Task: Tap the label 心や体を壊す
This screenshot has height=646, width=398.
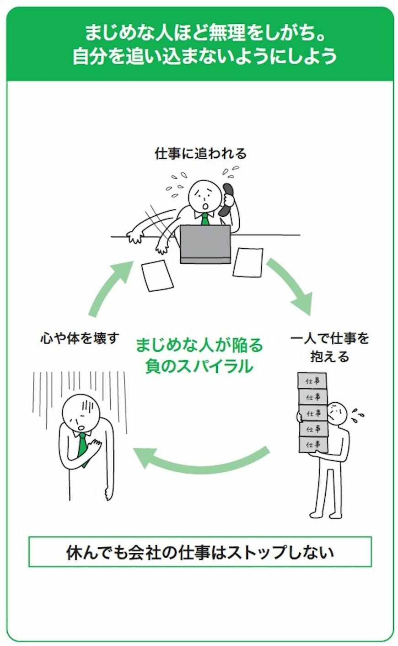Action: [79, 339]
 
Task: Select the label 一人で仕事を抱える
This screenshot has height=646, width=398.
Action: [329, 347]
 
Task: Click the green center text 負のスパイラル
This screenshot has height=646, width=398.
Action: [199, 366]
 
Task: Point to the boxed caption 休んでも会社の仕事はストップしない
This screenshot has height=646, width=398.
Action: [200, 552]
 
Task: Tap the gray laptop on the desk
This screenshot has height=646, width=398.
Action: [205, 244]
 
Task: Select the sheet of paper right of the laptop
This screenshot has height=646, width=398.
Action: [247, 262]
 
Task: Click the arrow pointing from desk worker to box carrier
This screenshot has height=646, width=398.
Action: [290, 286]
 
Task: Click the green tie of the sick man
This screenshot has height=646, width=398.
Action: [82, 446]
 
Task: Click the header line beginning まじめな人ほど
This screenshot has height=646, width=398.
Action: [200, 33]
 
